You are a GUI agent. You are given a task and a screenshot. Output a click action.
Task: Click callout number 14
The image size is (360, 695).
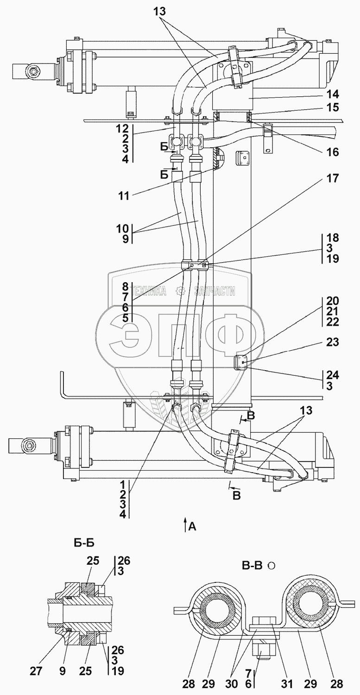coord(332,95)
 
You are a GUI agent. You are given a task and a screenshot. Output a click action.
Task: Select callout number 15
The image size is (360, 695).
coord(332,107)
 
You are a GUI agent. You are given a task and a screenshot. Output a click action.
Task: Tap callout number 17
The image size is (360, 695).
coord(332,178)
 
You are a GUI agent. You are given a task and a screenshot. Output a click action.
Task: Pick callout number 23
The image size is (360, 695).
coord(332,343)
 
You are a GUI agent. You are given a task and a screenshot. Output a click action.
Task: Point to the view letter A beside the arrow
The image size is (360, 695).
coord(192,526)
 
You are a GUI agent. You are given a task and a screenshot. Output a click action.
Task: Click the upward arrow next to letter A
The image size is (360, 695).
coord(185,525)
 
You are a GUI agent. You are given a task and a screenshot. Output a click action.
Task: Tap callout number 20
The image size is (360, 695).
coord(332,300)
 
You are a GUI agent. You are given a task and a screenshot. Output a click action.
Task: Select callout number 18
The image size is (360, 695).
coord(332,238)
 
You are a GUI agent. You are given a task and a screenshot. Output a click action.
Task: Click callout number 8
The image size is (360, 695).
coord(125,286)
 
